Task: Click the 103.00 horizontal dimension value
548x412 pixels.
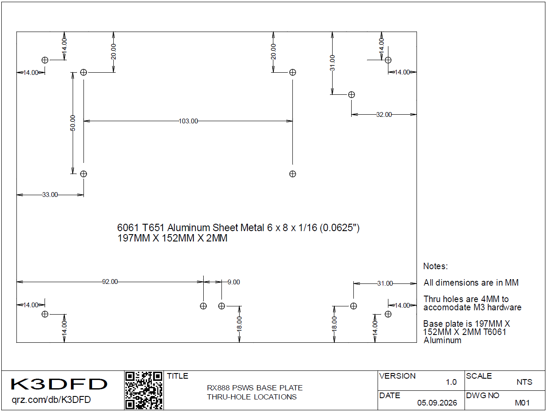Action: click(x=188, y=121)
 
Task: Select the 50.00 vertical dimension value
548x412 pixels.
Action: click(x=73, y=123)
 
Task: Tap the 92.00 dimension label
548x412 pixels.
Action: click(x=110, y=282)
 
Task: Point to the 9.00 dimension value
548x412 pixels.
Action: click(x=234, y=282)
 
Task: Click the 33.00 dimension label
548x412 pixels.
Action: click(x=50, y=194)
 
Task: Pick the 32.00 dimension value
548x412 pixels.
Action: click(x=384, y=115)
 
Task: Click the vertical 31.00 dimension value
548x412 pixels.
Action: click(x=332, y=63)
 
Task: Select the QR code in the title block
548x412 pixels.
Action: click(x=144, y=390)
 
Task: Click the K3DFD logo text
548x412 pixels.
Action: click(x=59, y=384)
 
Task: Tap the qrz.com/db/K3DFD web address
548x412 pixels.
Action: click(x=51, y=400)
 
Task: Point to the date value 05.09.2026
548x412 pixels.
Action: click(x=437, y=403)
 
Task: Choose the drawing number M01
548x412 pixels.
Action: click(x=522, y=403)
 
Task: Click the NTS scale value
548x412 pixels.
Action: click(x=524, y=382)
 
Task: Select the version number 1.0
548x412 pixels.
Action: click(x=451, y=382)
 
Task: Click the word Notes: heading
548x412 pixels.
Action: click(x=436, y=266)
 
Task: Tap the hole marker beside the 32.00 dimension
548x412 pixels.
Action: click(x=351, y=95)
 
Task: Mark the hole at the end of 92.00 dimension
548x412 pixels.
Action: click(x=203, y=306)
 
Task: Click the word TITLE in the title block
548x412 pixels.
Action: click(x=177, y=376)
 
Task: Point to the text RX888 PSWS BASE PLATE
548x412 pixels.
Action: click(x=255, y=388)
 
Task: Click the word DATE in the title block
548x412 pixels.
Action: click(x=390, y=396)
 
